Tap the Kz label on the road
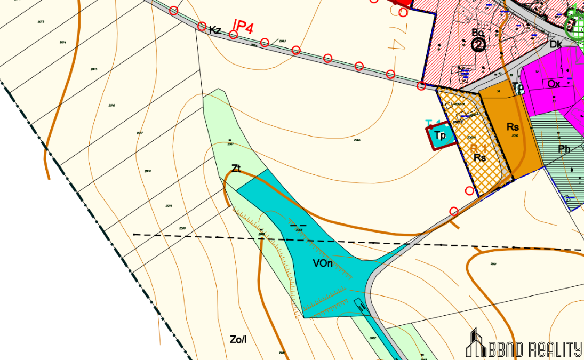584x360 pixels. (x=215, y=30)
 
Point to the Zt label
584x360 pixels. (x=236, y=169)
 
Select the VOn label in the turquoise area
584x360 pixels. (x=323, y=263)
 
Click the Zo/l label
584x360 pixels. (x=238, y=339)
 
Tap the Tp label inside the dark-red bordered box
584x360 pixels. (x=440, y=135)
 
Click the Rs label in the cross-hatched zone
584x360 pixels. (x=480, y=157)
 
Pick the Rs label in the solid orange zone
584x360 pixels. (x=513, y=127)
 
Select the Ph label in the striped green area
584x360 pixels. (x=564, y=149)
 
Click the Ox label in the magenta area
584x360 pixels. (x=554, y=84)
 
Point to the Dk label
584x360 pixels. (x=556, y=45)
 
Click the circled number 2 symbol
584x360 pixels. (x=478, y=45)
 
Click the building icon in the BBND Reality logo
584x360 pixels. (x=475, y=342)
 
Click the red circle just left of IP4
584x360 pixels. (x=233, y=35)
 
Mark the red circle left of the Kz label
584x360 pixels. (x=202, y=26)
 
